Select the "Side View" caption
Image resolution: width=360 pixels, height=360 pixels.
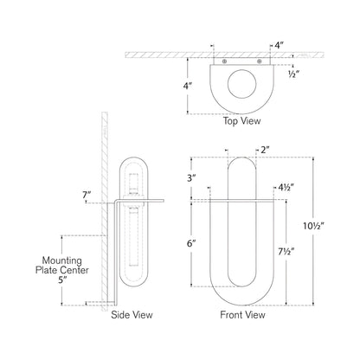pyautogui.click(x=132, y=315)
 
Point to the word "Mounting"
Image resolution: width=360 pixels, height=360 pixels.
pyautogui.click(x=46, y=258)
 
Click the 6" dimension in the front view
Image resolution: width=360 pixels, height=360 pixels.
pyautogui.click(x=190, y=245)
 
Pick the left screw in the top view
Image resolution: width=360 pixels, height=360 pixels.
pyautogui.click(x=225, y=62)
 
